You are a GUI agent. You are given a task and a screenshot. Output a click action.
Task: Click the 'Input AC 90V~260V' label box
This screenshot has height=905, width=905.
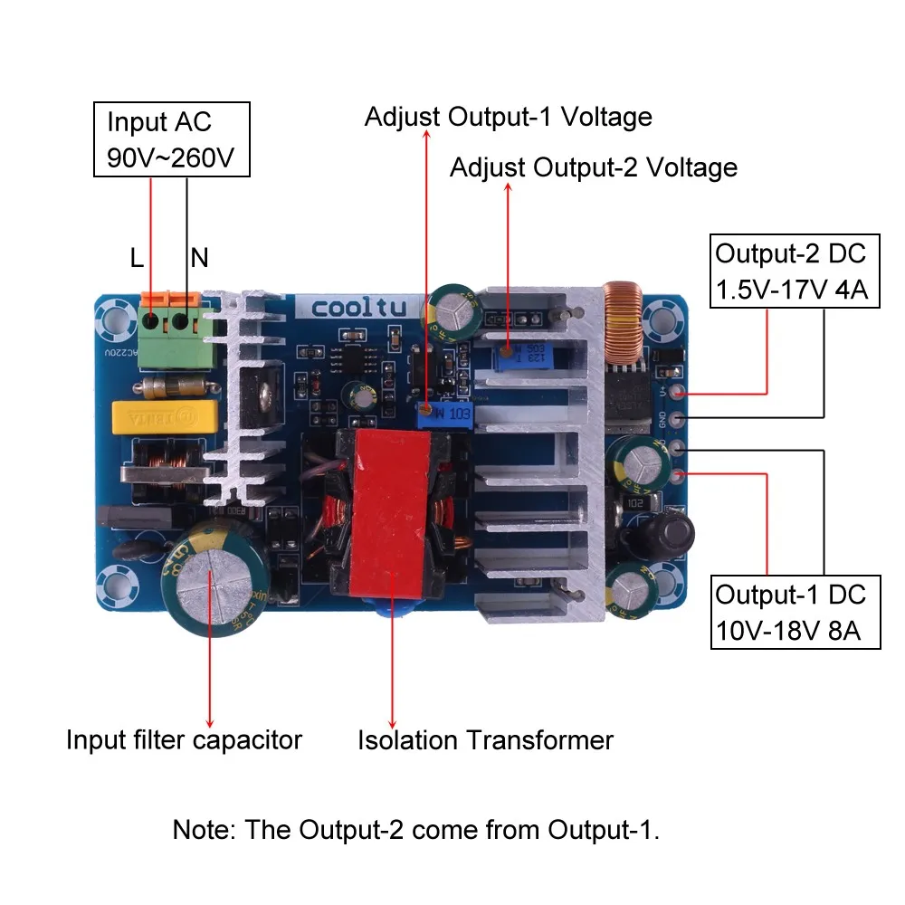171,139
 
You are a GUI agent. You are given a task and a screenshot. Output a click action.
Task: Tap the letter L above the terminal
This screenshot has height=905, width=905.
137,259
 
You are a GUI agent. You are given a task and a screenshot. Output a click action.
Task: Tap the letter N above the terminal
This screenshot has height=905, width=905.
199,259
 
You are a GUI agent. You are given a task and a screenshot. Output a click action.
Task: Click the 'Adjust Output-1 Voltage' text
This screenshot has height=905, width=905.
508,117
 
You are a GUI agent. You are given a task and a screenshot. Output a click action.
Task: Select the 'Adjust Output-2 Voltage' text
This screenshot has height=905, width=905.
593,167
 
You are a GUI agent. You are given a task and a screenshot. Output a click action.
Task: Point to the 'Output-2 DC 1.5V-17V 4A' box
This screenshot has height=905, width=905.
795,271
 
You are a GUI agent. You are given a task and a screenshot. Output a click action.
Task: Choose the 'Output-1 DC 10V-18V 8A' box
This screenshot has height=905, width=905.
795,612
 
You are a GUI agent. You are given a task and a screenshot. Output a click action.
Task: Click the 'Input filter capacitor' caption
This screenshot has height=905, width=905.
184,739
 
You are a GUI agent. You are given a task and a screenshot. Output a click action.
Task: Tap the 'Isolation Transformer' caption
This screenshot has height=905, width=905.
485,740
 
